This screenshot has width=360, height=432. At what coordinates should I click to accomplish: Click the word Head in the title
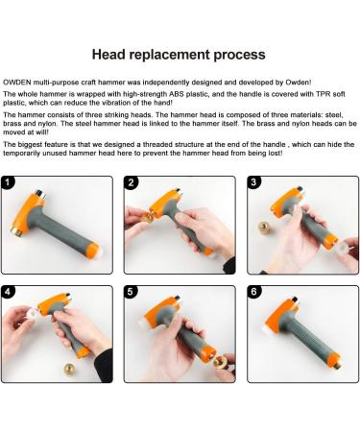(x=108, y=55)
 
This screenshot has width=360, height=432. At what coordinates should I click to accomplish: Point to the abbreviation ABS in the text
(x=177, y=94)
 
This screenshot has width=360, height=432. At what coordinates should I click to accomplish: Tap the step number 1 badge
(x=8, y=182)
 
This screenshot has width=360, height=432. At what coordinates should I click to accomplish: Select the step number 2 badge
(x=131, y=182)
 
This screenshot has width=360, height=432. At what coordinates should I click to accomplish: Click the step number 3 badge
(x=253, y=182)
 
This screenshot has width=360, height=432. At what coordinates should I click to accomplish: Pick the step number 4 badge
(x=8, y=292)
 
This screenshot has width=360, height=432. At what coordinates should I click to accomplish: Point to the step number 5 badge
(x=131, y=292)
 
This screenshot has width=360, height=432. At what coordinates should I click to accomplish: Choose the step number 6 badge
(x=253, y=292)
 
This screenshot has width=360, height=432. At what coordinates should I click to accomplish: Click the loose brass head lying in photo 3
(x=265, y=228)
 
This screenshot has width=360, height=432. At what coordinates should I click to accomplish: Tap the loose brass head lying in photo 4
(x=70, y=370)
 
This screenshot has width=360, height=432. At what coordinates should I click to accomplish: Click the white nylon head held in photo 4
(x=33, y=314)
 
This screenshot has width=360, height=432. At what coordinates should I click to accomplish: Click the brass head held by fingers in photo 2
(x=148, y=217)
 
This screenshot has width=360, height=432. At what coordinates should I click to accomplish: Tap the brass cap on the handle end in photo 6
(x=339, y=365)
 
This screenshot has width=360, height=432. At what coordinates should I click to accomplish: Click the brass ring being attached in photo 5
(x=221, y=363)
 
